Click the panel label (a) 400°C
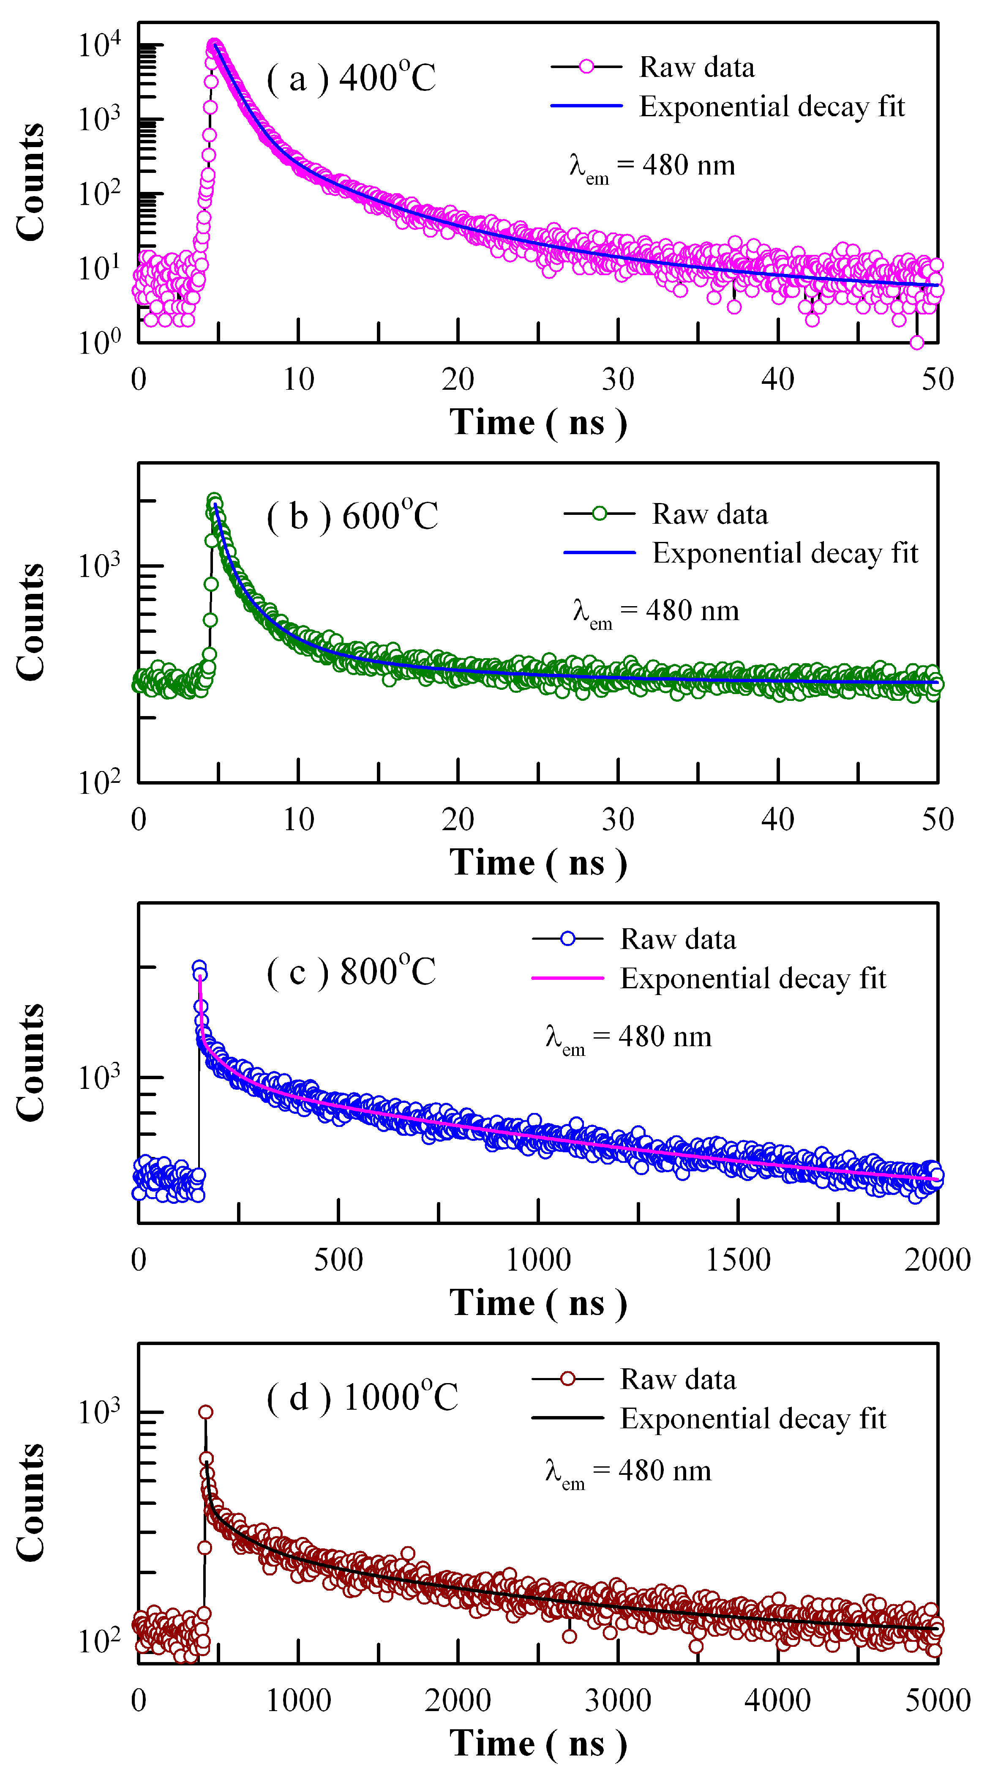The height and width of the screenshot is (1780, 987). (351, 77)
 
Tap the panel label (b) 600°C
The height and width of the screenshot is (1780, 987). (352, 516)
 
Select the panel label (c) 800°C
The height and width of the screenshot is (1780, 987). (351, 971)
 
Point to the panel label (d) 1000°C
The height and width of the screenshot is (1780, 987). (362, 1397)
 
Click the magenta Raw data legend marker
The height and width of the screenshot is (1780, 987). (586, 67)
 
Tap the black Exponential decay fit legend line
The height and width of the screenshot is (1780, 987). (568, 1418)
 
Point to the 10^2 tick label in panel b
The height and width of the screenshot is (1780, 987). (99, 782)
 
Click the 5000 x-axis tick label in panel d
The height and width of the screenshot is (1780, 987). (937, 1700)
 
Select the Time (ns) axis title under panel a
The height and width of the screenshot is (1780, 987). (538, 422)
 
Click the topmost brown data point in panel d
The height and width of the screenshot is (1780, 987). (206, 1412)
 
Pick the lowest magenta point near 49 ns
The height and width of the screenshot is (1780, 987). (916, 342)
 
